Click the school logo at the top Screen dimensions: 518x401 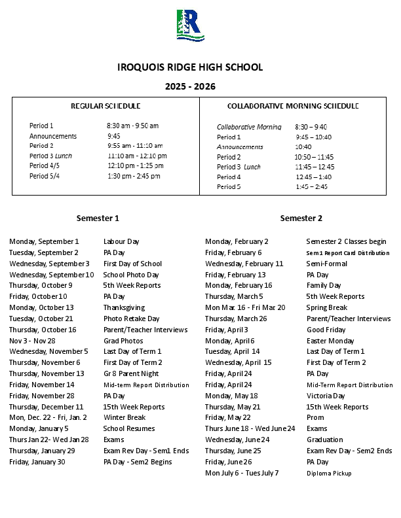tap(191, 25)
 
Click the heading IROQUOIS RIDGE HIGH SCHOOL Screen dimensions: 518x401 tap(190, 67)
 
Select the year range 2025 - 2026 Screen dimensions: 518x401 tap(190, 86)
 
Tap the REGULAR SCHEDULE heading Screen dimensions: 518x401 tap(105, 106)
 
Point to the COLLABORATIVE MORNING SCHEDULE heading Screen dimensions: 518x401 tap(293, 106)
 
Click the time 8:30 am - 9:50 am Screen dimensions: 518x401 tap(133, 126)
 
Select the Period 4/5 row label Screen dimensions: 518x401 tap(44, 165)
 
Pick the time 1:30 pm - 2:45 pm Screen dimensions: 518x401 tap(134, 176)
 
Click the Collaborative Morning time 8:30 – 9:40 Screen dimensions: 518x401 tap(311, 127)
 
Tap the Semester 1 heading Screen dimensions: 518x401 tap(98, 218)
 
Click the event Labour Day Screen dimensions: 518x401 tap(121, 242)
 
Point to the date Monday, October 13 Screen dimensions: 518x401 tap(41, 307)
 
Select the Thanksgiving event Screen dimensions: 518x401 tap(124, 307)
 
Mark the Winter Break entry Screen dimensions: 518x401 tap(124, 417)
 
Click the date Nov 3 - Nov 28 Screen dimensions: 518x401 tap(32, 341)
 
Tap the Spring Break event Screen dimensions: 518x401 tap(326, 307)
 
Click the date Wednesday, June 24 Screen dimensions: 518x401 tap(237, 440)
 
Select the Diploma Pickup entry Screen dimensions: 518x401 tap(329, 473)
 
